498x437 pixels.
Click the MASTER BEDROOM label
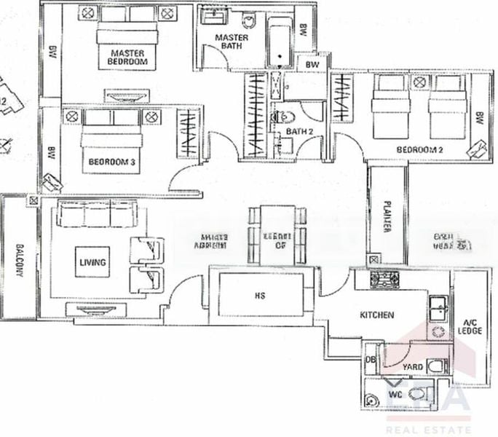(127, 58)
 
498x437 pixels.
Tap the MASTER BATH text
(232, 42)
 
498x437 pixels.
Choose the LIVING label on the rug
(92, 262)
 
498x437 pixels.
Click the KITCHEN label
(377, 315)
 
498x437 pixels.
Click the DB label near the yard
(369, 361)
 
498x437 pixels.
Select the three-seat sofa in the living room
(97, 215)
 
